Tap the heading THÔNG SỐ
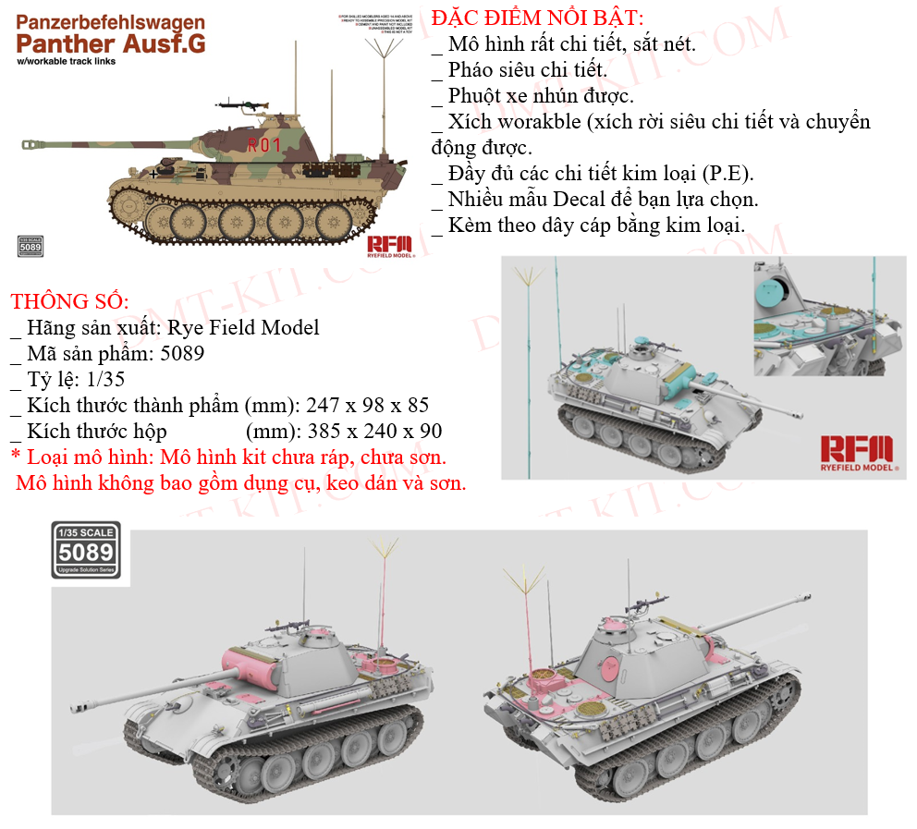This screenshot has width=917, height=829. point(69,302)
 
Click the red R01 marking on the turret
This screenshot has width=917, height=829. point(263,144)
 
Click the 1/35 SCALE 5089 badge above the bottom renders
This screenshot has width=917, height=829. point(84,549)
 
